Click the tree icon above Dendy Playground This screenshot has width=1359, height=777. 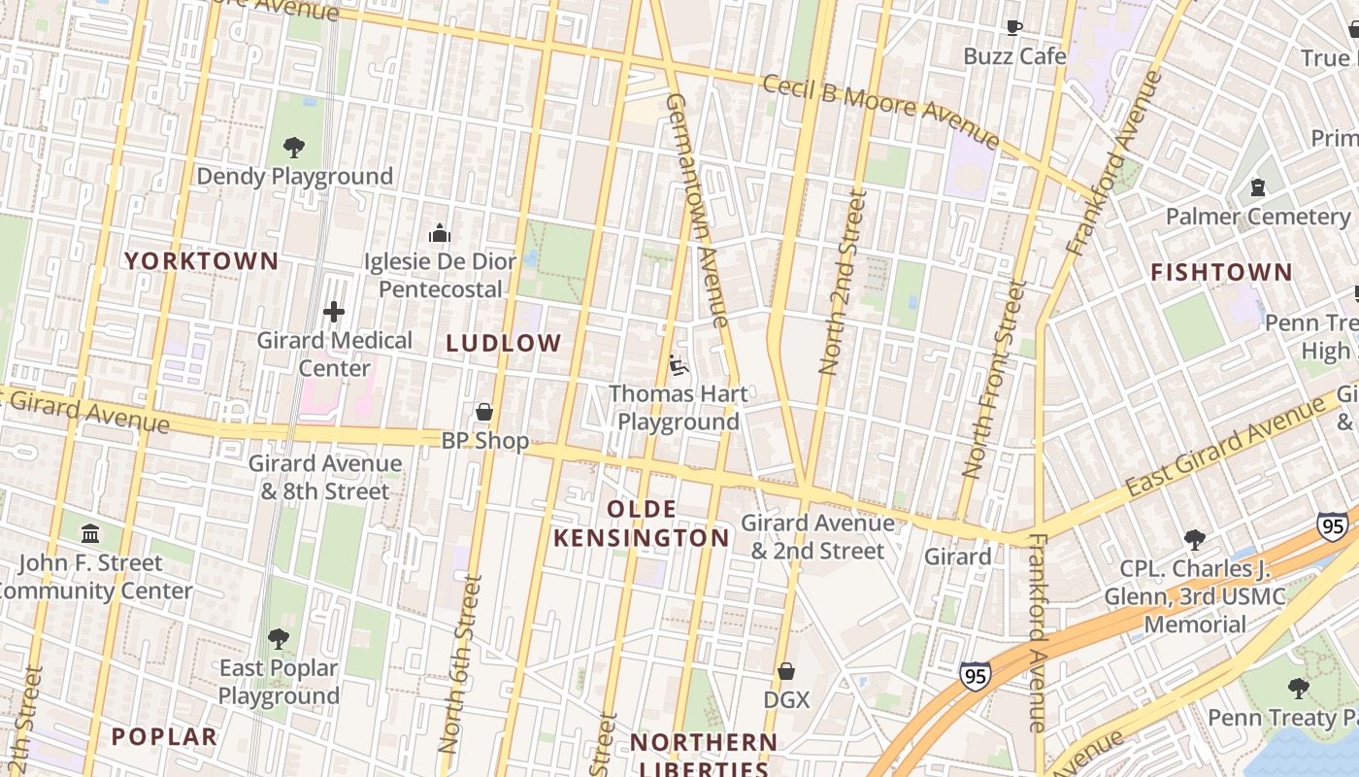(x=294, y=148)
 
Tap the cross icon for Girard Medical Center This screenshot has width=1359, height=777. (x=333, y=312)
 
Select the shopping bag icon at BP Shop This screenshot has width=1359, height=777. (x=484, y=413)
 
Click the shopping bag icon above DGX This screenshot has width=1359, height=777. (x=786, y=671)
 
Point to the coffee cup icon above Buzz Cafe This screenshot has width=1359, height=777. (x=1014, y=28)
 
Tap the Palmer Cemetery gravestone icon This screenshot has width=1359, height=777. (x=1258, y=187)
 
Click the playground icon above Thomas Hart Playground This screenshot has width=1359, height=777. (x=679, y=366)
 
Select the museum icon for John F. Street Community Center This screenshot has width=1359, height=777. (x=90, y=534)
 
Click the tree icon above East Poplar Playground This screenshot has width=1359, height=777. (x=279, y=639)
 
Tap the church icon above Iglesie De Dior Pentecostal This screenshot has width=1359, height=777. (x=440, y=234)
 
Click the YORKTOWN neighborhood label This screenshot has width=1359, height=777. (x=202, y=261)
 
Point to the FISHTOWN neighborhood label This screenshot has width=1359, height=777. (x=1221, y=273)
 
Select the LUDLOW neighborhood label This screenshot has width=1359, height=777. (x=504, y=343)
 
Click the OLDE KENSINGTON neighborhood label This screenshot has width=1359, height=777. (x=642, y=524)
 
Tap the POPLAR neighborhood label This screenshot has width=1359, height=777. (x=164, y=737)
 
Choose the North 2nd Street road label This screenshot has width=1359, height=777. (x=843, y=282)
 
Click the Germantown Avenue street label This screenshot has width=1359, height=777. (x=697, y=210)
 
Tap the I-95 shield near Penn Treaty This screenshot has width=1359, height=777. (x=1333, y=526)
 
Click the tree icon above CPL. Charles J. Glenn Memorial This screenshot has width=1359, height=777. (x=1195, y=540)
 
